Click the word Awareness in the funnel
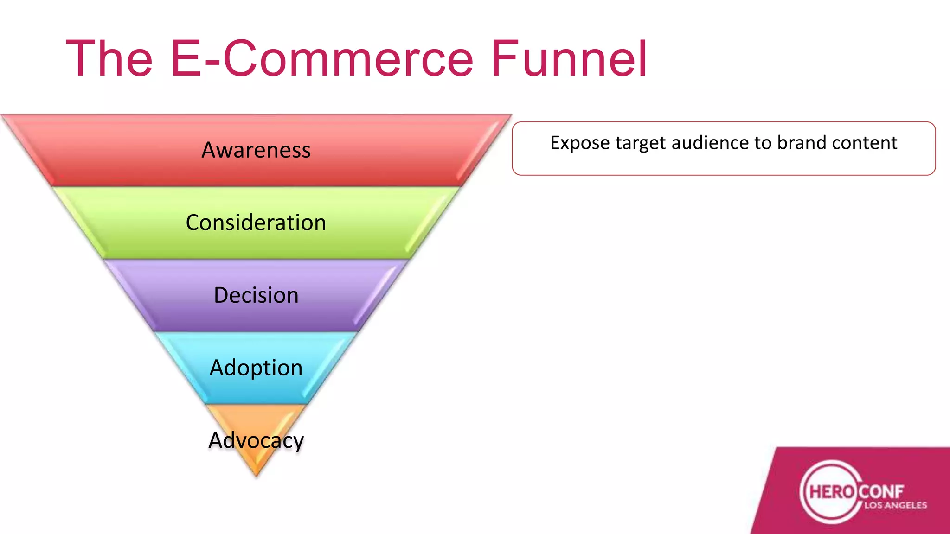click(x=256, y=150)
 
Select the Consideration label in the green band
click(x=256, y=223)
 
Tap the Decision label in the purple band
click(x=256, y=295)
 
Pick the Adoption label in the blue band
click(x=256, y=368)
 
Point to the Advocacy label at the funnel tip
click(x=256, y=440)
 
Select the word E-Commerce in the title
click(x=322, y=59)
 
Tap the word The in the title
click(x=109, y=59)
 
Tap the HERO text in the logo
click(x=832, y=491)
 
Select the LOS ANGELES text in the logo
click(x=895, y=505)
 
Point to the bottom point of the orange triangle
click(x=256, y=475)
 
